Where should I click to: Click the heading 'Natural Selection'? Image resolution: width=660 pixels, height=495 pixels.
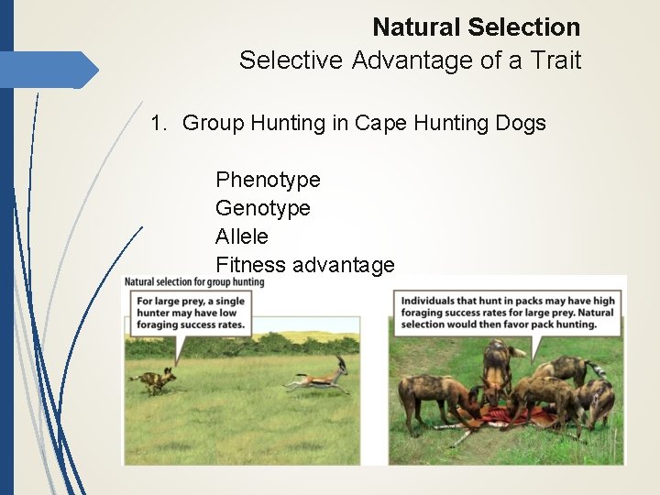click(x=476, y=27)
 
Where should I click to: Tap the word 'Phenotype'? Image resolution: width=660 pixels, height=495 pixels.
click(x=268, y=180)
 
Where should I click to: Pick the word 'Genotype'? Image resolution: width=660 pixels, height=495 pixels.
click(x=263, y=208)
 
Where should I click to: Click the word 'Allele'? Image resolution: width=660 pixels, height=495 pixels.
click(x=242, y=236)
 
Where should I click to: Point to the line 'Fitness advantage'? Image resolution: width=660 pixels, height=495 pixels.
click(x=304, y=265)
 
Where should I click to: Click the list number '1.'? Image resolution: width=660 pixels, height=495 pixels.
click(x=160, y=123)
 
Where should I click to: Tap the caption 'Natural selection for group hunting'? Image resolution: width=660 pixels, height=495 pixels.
click(x=194, y=282)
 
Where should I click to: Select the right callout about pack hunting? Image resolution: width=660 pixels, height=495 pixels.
click(x=507, y=313)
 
